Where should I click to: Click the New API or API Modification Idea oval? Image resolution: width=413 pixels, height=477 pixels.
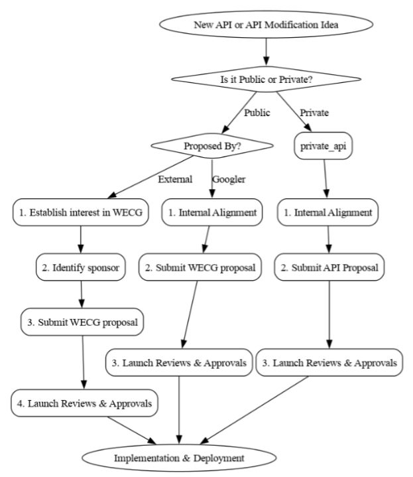click(x=266, y=25)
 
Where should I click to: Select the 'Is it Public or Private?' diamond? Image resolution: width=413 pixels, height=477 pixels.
click(x=266, y=79)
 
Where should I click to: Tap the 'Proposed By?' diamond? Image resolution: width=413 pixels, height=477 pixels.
click(x=212, y=146)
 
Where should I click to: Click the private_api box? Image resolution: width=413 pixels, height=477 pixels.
click(x=324, y=146)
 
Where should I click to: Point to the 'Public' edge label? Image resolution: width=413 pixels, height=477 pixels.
click(x=257, y=113)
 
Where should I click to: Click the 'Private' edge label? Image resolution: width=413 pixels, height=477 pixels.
click(x=314, y=113)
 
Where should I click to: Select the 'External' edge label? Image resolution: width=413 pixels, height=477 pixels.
click(x=175, y=179)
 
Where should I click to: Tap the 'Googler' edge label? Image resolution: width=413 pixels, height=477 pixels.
click(x=229, y=179)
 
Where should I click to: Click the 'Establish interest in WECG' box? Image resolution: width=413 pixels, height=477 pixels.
click(x=80, y=212)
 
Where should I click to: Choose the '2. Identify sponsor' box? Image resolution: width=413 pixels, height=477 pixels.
click(x=80, y=267)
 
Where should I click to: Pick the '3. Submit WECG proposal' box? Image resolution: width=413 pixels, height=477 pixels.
click(x=82, y=322)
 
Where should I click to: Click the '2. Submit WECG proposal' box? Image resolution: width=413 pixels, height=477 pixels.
click(x=200, y=267)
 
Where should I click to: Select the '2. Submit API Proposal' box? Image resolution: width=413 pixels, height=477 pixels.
click(x=329, y=267)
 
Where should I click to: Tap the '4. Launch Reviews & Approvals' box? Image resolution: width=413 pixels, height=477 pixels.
click(x=84, y=403)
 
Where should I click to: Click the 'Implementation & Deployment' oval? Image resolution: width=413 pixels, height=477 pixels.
click(x=179, y=458)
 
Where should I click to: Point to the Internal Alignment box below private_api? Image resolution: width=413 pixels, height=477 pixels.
click(x=327, y=212)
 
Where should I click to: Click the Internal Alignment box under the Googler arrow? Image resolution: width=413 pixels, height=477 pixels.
click(x=212, y=212)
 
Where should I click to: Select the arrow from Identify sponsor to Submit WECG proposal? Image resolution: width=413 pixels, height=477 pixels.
click(x=81, y=295)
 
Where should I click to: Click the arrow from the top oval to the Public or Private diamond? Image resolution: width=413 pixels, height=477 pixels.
click(x=266, y=52)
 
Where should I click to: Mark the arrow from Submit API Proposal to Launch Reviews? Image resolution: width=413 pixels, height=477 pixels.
click(x=329, y=314)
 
